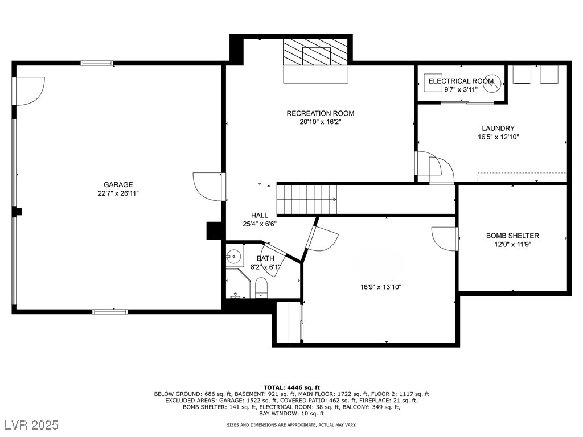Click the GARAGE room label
(118, 185)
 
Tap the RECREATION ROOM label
(320, 113)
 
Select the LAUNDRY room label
(498, 128)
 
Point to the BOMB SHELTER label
(512, 236)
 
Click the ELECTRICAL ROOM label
(461, 81)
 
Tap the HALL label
(260, 215)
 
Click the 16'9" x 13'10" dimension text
(381, 287)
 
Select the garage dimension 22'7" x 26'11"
(118, 193)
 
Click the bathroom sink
(233, 256)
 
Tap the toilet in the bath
(261, 287)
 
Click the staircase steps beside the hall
(307, 199)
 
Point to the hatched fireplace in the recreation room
(315, 52)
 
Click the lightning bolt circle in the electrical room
(492, 84)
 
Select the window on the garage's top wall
(97, 63)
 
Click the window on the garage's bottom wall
(110, 311)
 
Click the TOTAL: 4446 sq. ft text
(291, 387)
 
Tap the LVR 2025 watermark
(32, 424)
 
